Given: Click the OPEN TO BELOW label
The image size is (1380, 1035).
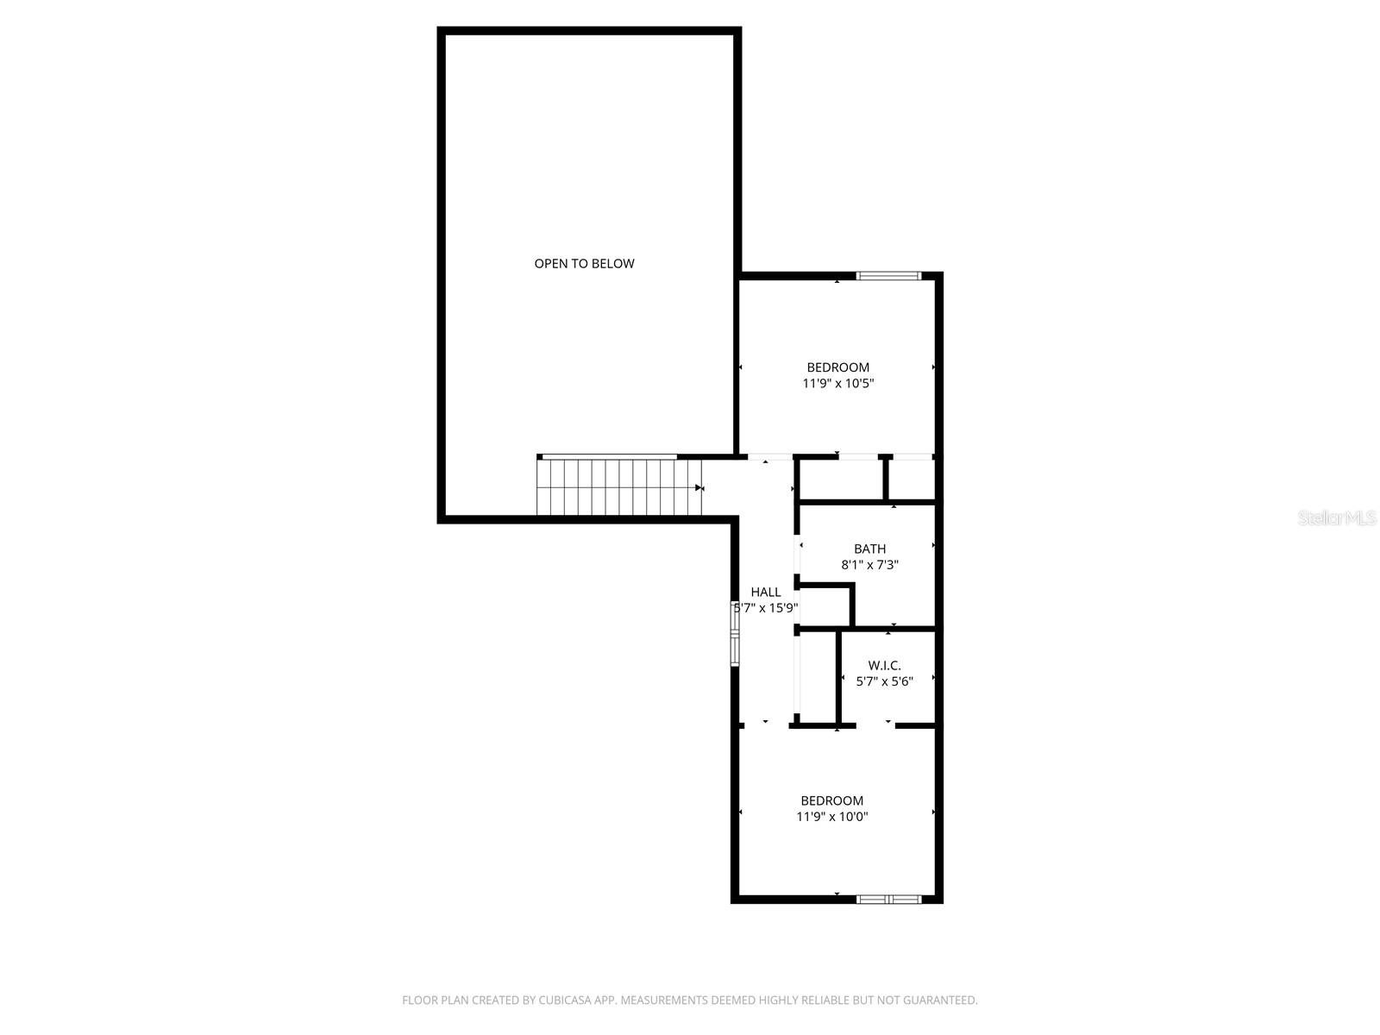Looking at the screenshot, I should [x=584, y=264].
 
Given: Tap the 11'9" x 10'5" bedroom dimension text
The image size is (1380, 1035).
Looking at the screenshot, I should [x=838, y=384].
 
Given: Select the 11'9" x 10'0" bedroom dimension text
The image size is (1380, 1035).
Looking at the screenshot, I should [x=831, y=817].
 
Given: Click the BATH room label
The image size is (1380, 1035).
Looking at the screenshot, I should [x=869, y=549].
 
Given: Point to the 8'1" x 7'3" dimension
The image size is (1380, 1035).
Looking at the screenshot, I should [x=869, y=566].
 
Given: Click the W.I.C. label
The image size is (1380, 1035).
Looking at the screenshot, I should [x=884, y=665].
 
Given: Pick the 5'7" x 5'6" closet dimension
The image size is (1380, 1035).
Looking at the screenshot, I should [x=884, y=681].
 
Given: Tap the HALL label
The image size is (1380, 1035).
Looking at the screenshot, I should [x=766, y=592].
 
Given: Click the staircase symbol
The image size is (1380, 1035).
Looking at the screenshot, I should [x=618, y=487].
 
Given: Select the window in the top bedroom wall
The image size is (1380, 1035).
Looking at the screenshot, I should [x=888, y=276].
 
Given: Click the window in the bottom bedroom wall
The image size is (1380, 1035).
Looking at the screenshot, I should [x=888, y=899].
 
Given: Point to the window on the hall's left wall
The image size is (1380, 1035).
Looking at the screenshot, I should [x=735, y=634].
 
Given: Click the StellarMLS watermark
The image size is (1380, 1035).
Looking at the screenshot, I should [x=1337, y=518].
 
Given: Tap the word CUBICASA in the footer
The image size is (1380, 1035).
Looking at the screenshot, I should [x=567, y=1000].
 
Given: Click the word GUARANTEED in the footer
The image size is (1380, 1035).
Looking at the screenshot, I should [x=940, y=1000].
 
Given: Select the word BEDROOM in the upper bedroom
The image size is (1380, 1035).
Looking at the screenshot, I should [x=838, y=367].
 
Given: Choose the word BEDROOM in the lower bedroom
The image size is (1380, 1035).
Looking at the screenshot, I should [x=831, y=800].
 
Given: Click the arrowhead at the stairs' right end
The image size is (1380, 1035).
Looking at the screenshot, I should [x=699, y=487].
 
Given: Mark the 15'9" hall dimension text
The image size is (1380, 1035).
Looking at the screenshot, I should [x=781, y=608].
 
